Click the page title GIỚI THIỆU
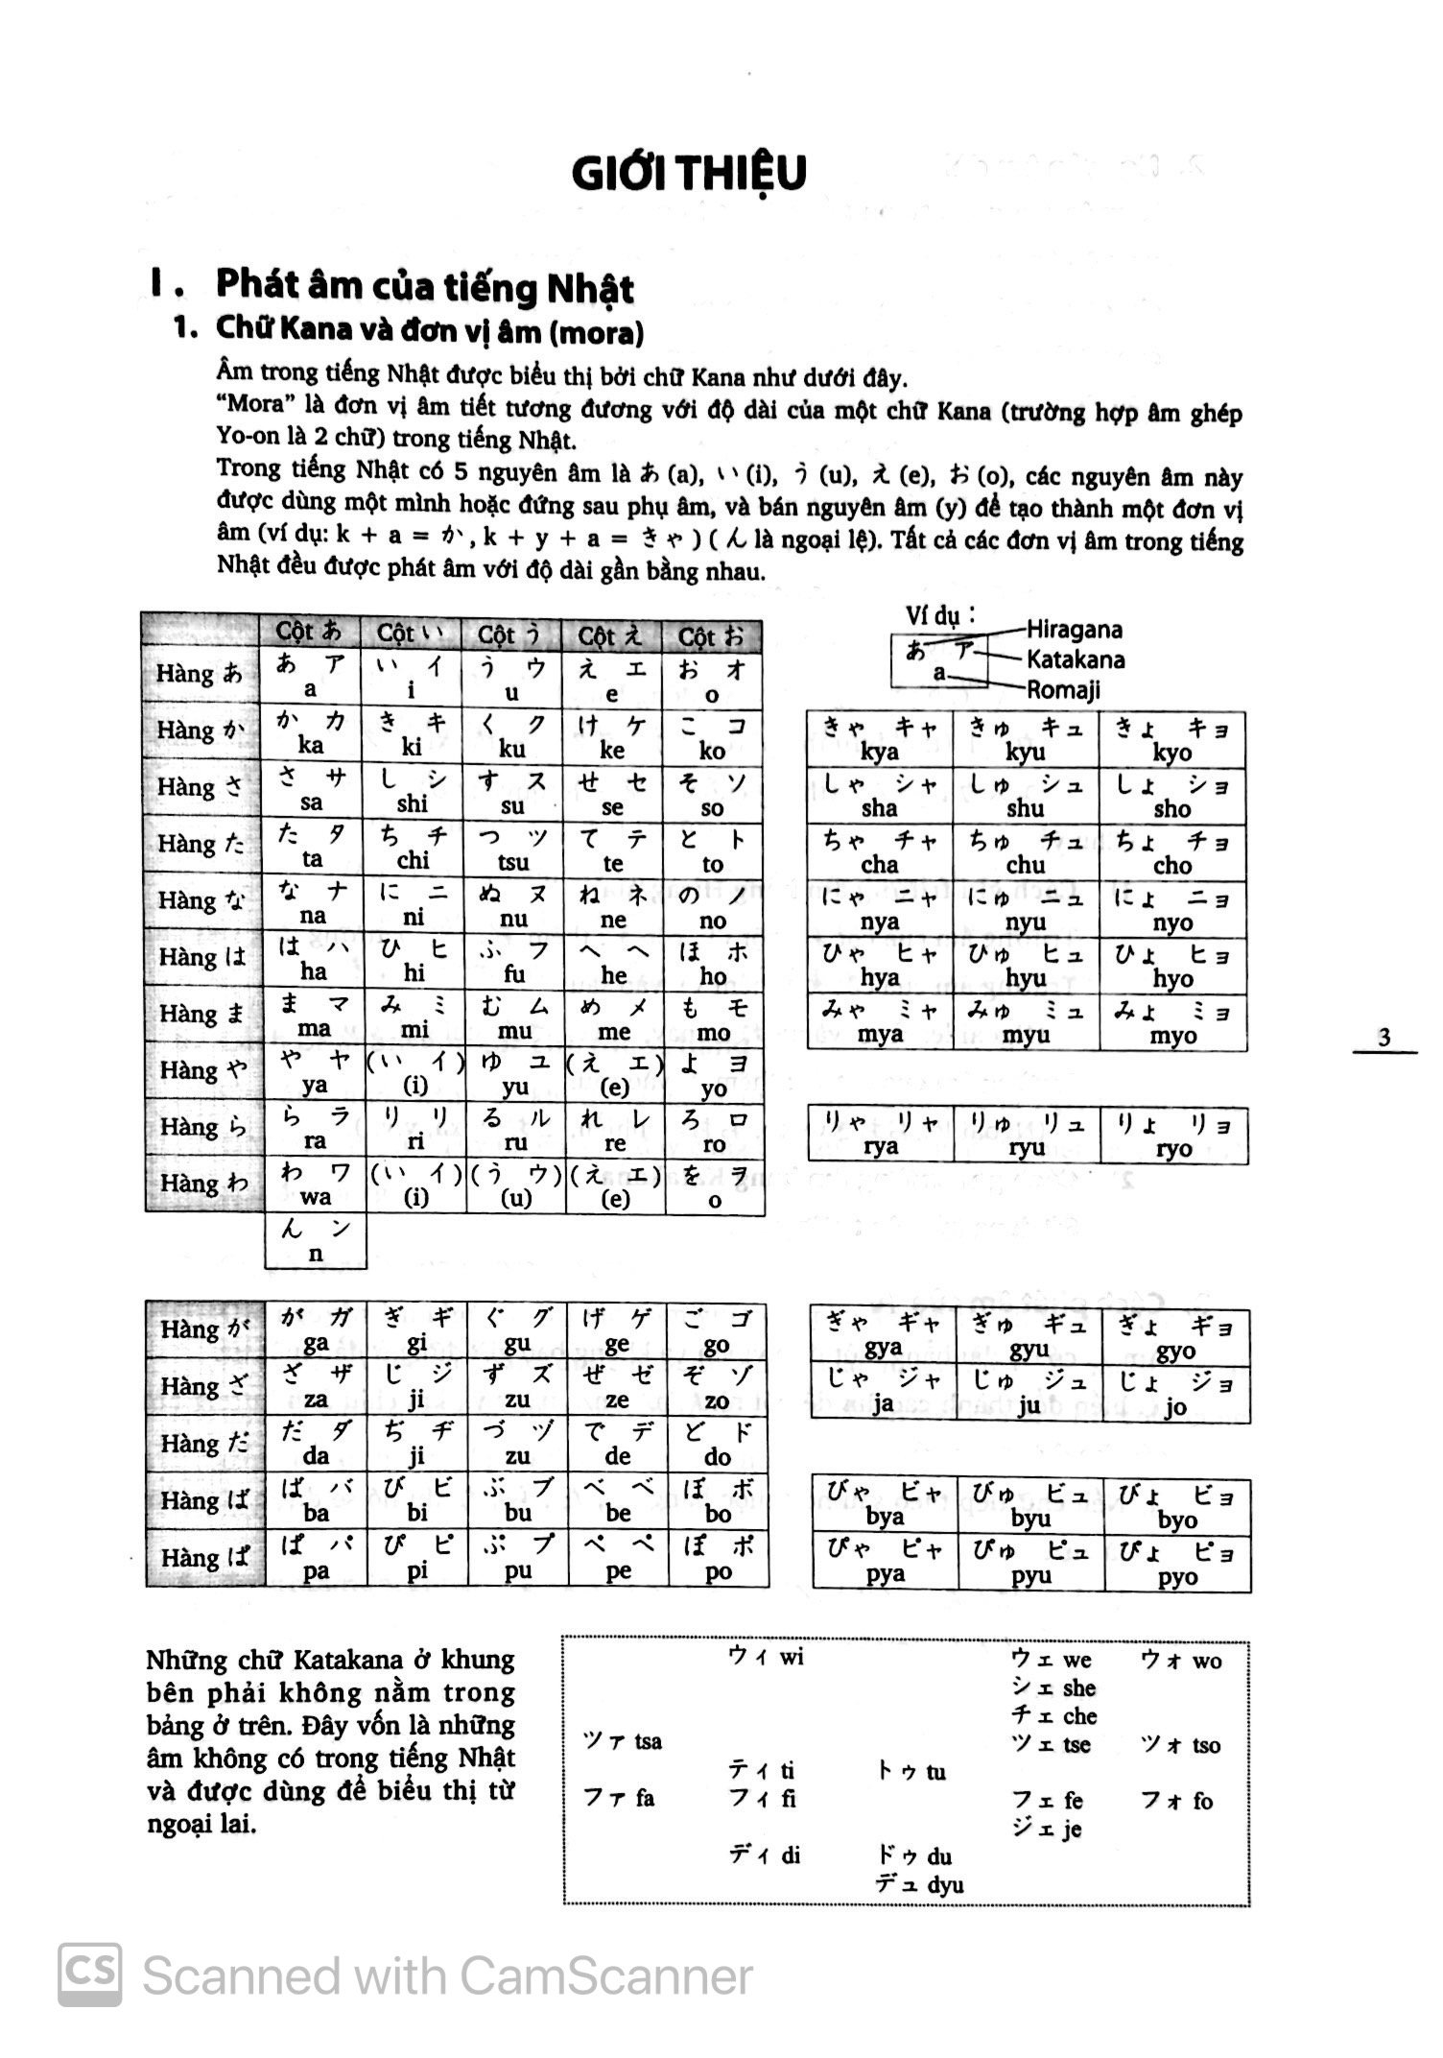(688, 174)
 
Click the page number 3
(1384, 1037)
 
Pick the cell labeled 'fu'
(514, 962)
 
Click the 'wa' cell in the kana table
(315, 1185)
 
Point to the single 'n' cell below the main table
(316, 1241)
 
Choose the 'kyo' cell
(1172, 739)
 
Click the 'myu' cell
(1026, 1021)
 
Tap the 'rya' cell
(880, 1135)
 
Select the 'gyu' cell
(1029, 1336)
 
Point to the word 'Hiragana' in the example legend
(1074, 630)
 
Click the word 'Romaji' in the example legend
(1063, 690)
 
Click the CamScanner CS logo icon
(90, 1974)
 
